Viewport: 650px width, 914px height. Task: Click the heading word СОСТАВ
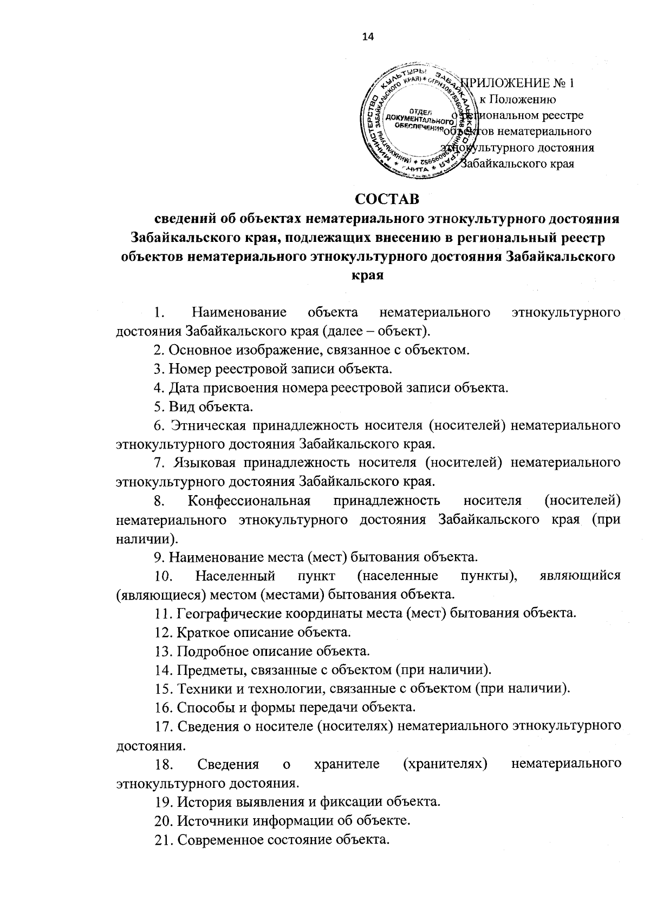click(387, 199)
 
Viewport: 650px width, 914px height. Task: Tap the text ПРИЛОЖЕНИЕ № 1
click(518, 83)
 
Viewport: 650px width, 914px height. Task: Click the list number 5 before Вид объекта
click(157, 406)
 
